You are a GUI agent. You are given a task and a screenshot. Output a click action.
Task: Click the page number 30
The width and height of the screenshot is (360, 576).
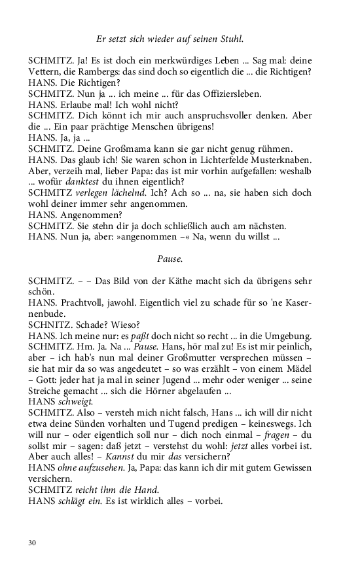point(33,542)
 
